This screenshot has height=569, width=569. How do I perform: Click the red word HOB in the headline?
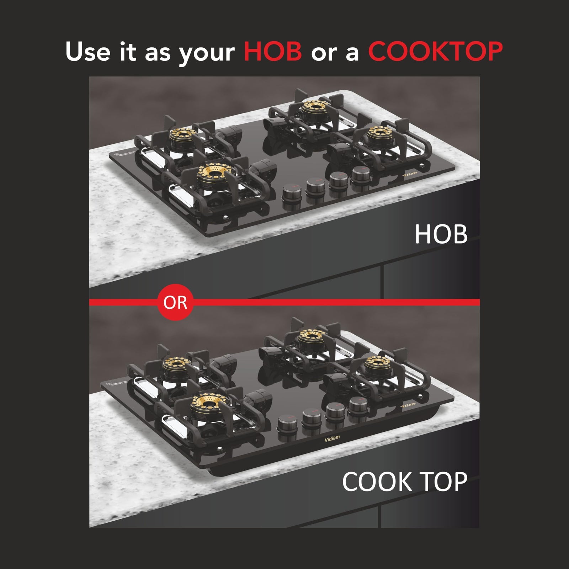(273, 51)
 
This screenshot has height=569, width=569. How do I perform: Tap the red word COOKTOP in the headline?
(435, 51)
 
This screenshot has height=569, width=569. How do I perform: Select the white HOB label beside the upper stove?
(441, 234)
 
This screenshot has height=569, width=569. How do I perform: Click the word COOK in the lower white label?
(377, 482)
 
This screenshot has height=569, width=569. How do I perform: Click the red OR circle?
(175, 302)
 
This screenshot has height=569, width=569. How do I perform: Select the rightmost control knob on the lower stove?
(358, 404)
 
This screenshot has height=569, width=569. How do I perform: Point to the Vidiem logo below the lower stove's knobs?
(332, 438)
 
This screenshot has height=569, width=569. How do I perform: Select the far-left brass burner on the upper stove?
(183, 134)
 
